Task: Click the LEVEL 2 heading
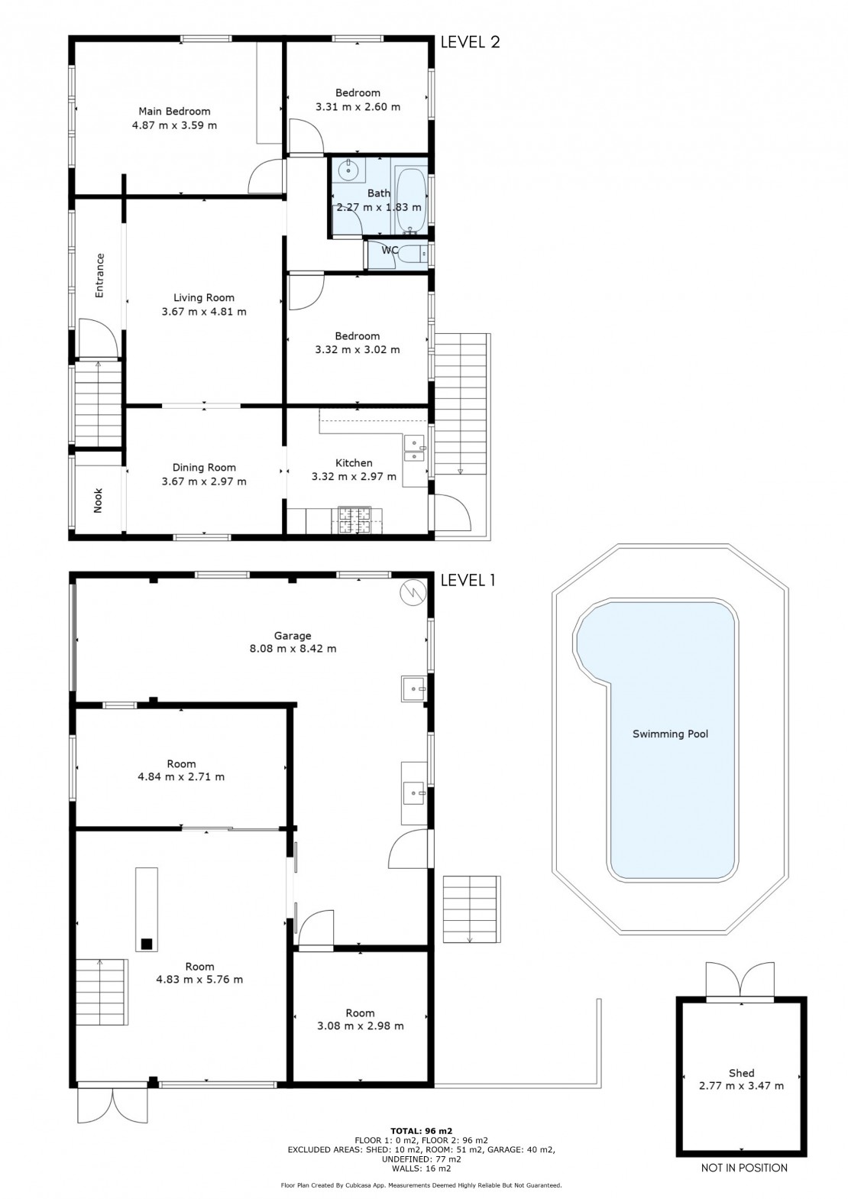(x=470, y=42)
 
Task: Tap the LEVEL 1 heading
(x=468, y=580)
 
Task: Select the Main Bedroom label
(x=174, y=112)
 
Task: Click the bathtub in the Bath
(x=411, y=199)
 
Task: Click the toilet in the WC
(x=415, y=253)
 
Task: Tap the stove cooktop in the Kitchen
(x=353, y=520)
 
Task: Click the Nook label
(x=98, y=501)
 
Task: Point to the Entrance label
(x=99, y=275)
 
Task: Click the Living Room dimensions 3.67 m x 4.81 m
(x=204, y=312)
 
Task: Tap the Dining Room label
(x=204, y=467)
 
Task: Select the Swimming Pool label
(x=670, y=734)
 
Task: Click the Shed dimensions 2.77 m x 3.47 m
(x=742, y=1086)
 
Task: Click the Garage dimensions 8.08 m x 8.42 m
(x=293, y=649)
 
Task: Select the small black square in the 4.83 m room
(x=146, y=944)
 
